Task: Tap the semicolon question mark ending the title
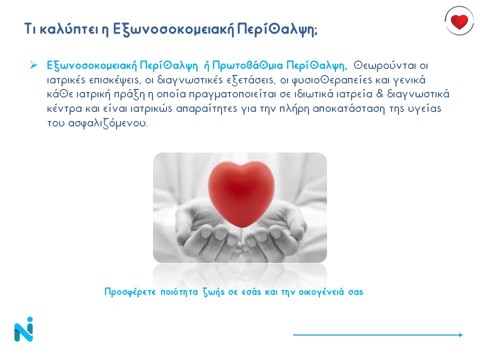(315, 31)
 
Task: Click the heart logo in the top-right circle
(459, 21)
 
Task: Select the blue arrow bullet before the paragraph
(33, 65)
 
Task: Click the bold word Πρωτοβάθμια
(247, 65)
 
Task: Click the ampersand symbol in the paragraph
(379, 93)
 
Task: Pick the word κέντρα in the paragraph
(64, 108)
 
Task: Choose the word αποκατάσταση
(348, 109)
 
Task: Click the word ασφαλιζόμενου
(107, 123)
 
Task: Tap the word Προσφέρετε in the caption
(130, 291)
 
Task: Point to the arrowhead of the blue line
(461, 335)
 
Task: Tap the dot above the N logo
(29, 319)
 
